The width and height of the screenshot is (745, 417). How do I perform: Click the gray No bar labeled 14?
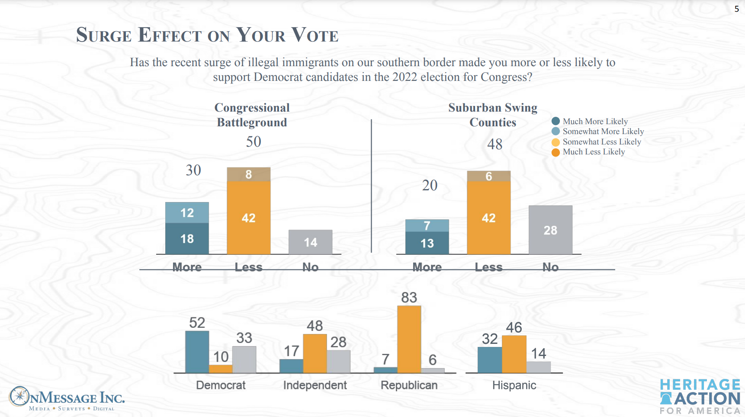[x=310, y=242]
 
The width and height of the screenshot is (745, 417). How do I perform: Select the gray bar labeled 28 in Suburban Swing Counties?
[x=550, y=230]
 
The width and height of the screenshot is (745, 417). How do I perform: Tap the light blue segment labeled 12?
[x=187, y=212]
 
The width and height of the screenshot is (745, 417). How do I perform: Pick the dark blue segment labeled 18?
[x=187, y=238]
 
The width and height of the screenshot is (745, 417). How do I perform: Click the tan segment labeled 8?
[x=249, y=174]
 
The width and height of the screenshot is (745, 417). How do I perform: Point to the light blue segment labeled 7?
[x=427, y=225]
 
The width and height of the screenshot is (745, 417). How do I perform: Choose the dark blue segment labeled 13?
[x=427, y=243]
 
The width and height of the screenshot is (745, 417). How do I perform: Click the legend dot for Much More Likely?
[x=556, y=121]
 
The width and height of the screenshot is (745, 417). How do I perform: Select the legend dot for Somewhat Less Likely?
[x=556, y=142]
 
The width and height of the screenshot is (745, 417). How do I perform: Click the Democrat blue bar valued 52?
[x=197, y=352]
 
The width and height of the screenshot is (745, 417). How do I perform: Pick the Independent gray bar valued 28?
[x=338, y=361]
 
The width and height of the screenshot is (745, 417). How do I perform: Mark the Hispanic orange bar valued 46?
[x=514, y=354]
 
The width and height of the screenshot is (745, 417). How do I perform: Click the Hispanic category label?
[x=514, y=385]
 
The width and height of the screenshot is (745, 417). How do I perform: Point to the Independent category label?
[x=315, y=385]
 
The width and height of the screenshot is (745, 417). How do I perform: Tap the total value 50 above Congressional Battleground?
[x=254, y=141]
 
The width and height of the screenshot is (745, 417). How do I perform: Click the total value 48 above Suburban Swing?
[x=495, y=144]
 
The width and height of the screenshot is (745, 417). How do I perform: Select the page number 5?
[x=736, y=9]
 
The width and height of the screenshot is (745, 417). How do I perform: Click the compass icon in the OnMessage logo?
[x=19, y=396]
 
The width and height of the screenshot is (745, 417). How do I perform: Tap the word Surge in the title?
[x=104, y=35]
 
